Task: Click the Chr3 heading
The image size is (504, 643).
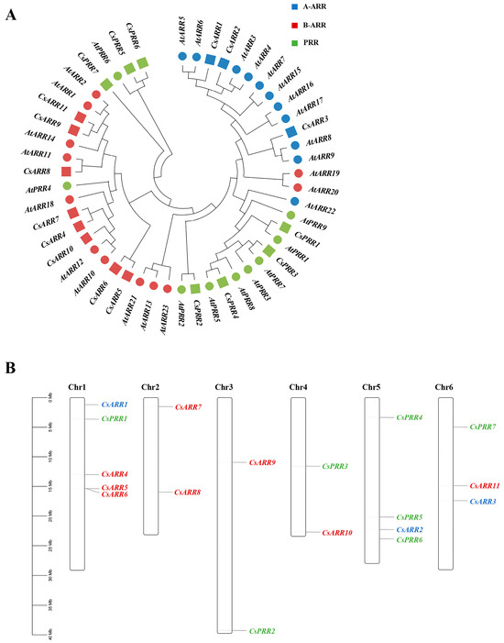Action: tap(225, 387)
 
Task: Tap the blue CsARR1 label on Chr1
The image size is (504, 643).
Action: tap(115, 404)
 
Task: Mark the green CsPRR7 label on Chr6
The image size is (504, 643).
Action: tap(483, 427)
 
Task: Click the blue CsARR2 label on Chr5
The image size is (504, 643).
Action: tap(410, 529)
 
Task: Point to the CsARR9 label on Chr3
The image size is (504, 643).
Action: tap(262, 462)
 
